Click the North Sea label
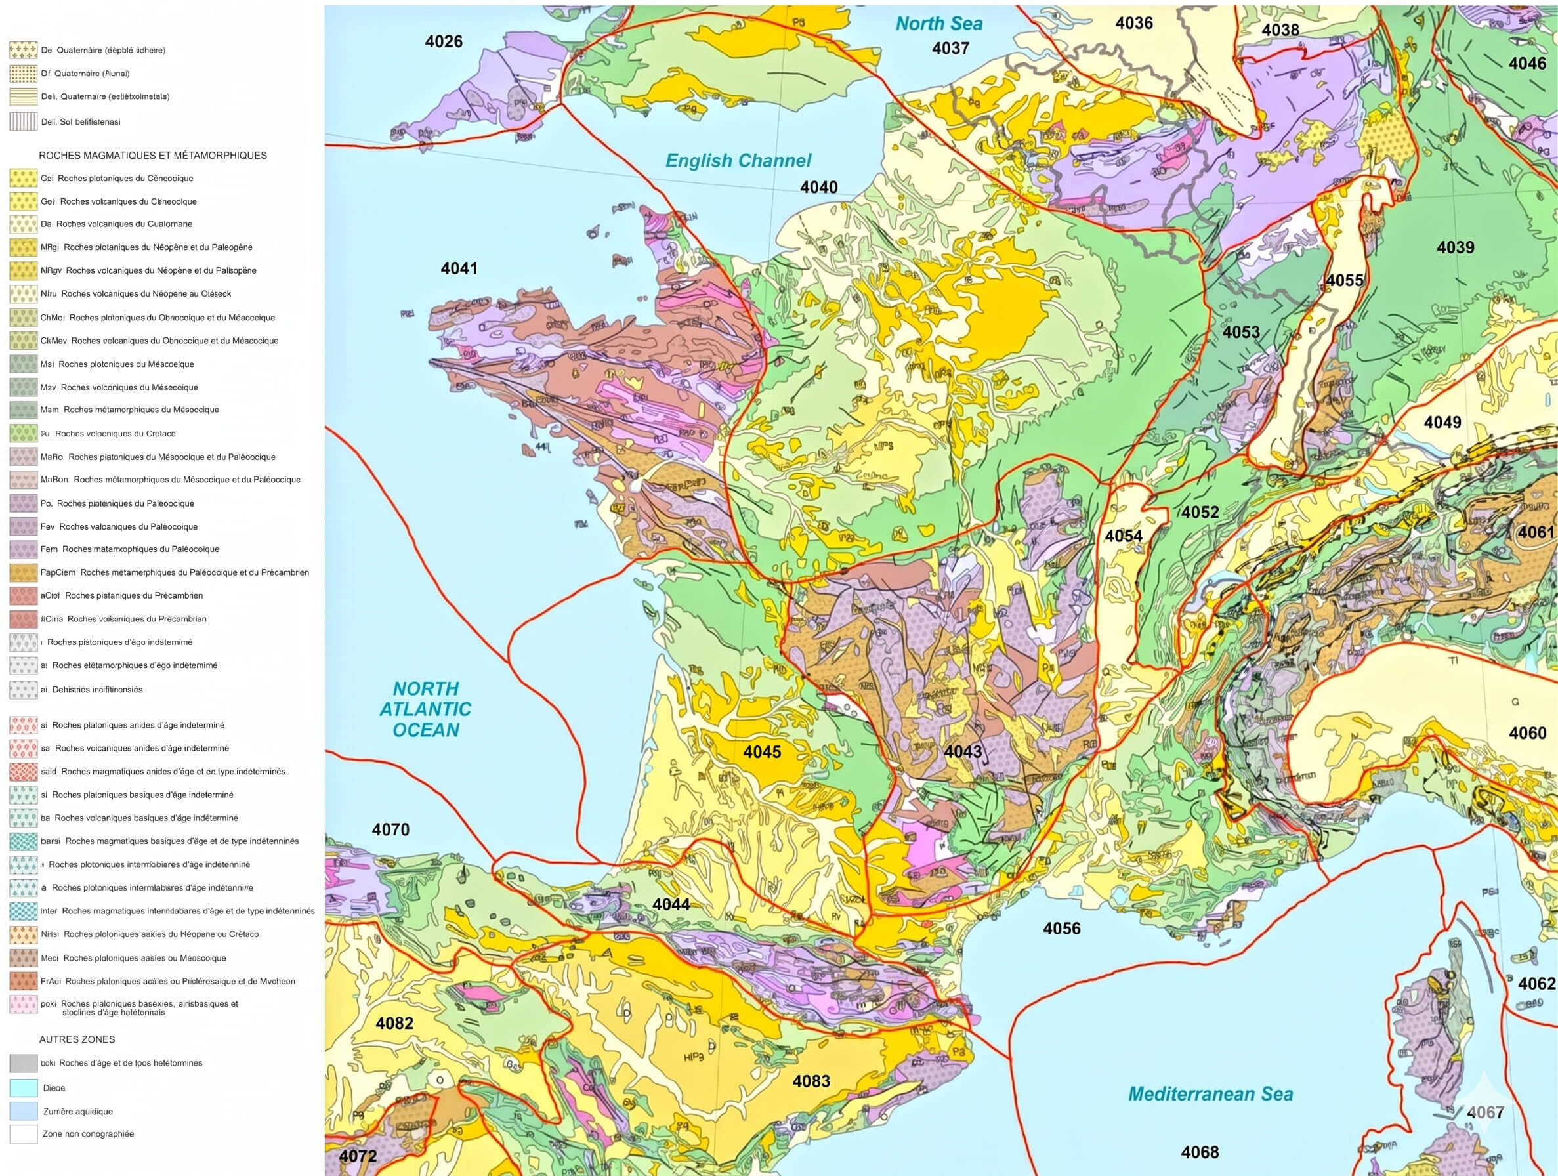click(938, 23)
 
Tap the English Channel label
click(738, 161)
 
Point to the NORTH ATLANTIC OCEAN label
click(425, 709)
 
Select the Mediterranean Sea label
click(1211, 1093)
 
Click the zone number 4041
click(459, 268)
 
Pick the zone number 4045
click(762, 752)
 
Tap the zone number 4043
click(963, 752)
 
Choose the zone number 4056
click(1061, 928)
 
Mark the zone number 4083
click(811, 1081)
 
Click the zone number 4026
click(444, 41)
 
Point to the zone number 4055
click(1345, 280)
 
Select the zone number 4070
click(390, 829)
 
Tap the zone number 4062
click(1536, 984)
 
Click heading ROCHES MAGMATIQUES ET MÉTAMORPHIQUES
click(153, 156)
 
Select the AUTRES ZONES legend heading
click(77, 1039)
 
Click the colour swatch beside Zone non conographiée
click(23, 1135)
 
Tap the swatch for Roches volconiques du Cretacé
click(23, 433)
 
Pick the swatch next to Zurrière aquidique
click(23, 1111)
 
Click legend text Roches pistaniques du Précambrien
click(134, 595)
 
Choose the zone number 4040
click(818, 187)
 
